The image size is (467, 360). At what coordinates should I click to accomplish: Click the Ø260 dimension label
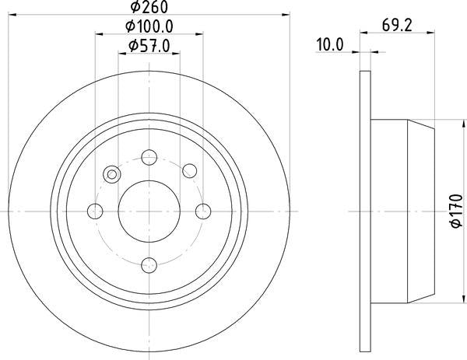tap(149, 6)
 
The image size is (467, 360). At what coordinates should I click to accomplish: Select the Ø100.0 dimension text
tap(149, 26)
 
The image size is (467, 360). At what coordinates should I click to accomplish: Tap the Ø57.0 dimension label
tap(149, 46)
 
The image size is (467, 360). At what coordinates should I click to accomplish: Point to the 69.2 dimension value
tap(397, 26)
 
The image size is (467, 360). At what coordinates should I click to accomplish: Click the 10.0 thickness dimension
tap(330, 44)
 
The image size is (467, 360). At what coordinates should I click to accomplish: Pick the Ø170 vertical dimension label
tap(457, 211)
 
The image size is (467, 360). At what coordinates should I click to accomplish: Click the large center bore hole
tap(149, 211)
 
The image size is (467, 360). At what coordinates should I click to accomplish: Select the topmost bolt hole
tap(149, 157)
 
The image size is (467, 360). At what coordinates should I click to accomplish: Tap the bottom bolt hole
tap(149, 265)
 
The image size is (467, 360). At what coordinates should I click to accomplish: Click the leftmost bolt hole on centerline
tap(95, 211)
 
